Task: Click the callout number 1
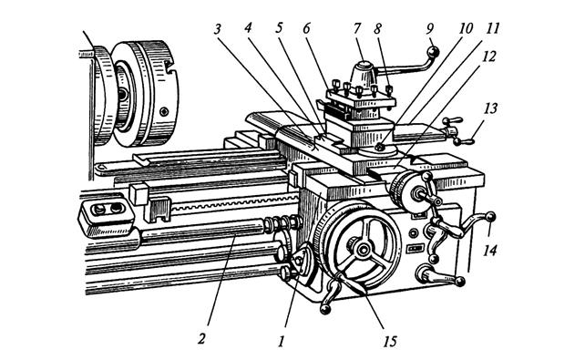click(x=281, y=341)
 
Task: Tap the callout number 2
click(x=201, y=339)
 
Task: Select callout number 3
click(x=218, y=29)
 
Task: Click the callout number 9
click(x=430, y=28)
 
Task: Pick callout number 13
click(x=490, y=108)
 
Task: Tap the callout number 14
click(x=489, y=250)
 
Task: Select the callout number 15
click(x=389, y=341)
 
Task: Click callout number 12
click(x=488, y=57)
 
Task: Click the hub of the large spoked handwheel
click(x=362, y=250)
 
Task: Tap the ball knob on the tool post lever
click(x=433, y=52)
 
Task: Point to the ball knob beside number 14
click(x=490, y=216)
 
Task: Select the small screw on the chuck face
click(x=164, y=111)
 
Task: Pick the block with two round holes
click(x=107, y=216)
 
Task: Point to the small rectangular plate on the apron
click(x=416, y=248)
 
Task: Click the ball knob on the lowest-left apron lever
click(x=325, y=309)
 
